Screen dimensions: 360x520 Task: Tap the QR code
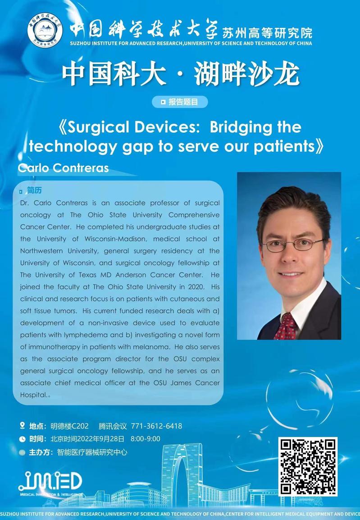pos(308,466)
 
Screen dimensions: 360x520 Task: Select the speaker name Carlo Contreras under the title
pos(64,168)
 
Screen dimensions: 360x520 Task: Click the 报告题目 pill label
pos(180,102)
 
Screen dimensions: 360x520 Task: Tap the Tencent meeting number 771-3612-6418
pos(156,426)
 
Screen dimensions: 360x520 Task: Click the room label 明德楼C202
pos(69,426)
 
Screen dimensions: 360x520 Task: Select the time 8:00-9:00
pos(146,439)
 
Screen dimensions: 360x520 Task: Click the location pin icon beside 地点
pos(23,425)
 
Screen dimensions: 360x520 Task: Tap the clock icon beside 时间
pos(22,439)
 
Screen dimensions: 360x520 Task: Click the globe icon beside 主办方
pos(22,452)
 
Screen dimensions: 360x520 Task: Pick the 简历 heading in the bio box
pos(34,190)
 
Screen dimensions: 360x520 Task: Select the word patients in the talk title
pos(284,147)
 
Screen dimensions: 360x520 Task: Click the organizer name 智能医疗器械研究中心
pos(92,452)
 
